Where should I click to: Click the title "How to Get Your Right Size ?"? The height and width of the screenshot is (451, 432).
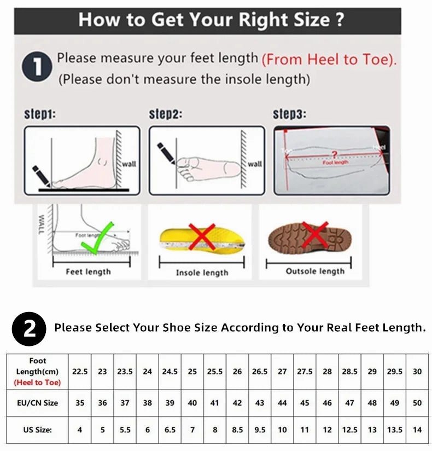coord(211,20)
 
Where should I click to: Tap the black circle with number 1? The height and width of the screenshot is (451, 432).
coord(37,68)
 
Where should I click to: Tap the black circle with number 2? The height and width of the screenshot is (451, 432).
coord(29,328)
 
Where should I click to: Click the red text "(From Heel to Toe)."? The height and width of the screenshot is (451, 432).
coord(329,60)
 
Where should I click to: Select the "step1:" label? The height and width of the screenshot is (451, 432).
coord(40,115)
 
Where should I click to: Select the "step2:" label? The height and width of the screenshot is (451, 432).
coord(165,115)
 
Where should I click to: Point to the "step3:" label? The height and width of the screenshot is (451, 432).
coord(289,115)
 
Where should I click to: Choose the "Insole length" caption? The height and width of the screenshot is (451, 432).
coord(202,273)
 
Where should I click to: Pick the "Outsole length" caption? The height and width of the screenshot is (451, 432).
coord(315,271)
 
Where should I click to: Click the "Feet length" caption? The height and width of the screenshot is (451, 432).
coord(88,271)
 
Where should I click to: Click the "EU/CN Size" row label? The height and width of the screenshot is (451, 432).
coord(38,403)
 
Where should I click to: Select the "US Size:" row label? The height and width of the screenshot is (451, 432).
coord(38,430)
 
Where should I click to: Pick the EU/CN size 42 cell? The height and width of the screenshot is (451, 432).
coord(237,403)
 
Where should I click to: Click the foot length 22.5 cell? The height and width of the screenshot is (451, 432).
coord(80,371)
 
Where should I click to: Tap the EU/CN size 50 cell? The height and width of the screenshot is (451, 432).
coord(417,403)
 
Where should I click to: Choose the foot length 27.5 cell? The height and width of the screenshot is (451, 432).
coord(305,371)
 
